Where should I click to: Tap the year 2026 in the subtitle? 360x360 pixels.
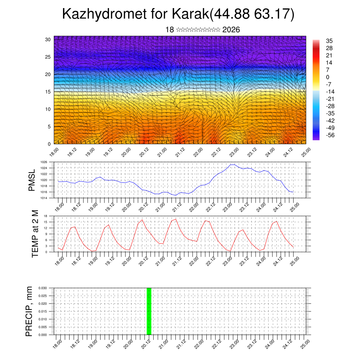(231, 30)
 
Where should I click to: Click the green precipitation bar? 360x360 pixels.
(149, 311)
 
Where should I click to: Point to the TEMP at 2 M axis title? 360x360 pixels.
(35, 234)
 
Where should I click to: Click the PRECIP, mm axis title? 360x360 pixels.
(29, 311)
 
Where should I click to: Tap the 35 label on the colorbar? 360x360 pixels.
(329, 41)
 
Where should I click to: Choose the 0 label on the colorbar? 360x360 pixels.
(328, 77)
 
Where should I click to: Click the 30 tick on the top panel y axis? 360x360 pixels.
(48, 39)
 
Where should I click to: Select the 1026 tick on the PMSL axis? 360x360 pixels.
(44, 162)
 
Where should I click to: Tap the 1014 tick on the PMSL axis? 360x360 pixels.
(44, 198)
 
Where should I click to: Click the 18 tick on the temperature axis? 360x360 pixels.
(45, 216)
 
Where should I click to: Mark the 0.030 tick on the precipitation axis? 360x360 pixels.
(43, 288)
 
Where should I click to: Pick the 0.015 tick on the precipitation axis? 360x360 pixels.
(43, 311)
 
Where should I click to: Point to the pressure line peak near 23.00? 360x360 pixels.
(232, 165)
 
